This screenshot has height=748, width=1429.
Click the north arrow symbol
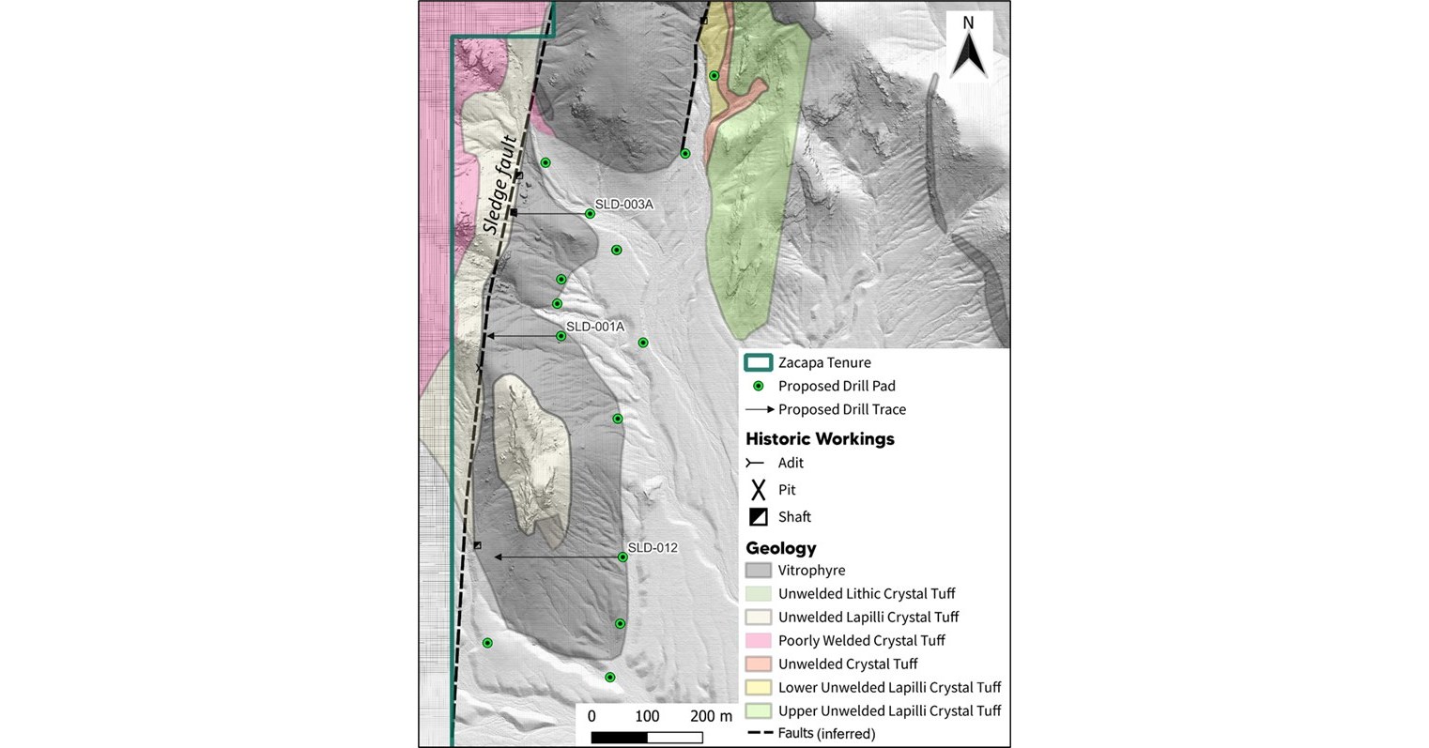(968, 49)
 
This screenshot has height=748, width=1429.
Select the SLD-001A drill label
(595, 327)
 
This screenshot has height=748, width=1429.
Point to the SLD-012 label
(653, 547)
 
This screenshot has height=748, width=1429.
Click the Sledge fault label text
(495, 186)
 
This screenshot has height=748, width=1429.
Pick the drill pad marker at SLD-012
(622, 557)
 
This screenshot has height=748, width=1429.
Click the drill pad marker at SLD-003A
(590, 214)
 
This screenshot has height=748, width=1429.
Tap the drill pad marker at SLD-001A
(561, 336)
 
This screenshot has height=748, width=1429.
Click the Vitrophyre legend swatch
(758, 571)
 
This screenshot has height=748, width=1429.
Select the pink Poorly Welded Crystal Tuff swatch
(758, 641)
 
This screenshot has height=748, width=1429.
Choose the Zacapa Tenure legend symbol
(758, 363)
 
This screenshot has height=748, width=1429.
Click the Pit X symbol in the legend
(758, 489)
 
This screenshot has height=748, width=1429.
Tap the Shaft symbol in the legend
(758, 516)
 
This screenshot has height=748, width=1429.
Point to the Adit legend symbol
(755, 463)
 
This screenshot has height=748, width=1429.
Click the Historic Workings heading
(820, 438)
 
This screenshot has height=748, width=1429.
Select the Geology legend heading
(781, 548)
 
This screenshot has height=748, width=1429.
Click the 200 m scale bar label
(711, 716)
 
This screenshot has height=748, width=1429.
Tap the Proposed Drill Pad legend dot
(758, 386)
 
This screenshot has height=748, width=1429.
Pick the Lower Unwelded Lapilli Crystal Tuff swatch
(758, 688)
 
